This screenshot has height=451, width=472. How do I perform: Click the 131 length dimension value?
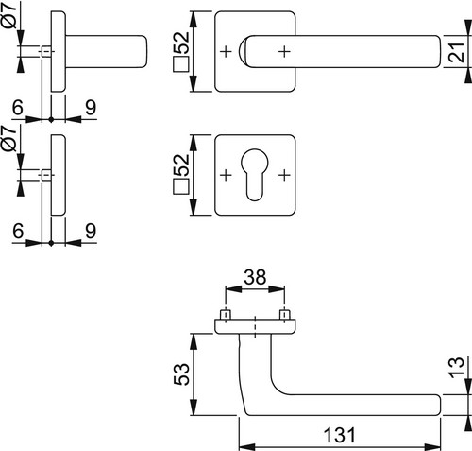tap(340, 435)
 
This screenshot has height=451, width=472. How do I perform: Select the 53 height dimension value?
tap(182, 374)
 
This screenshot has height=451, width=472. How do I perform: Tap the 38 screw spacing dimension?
tap(255, 277)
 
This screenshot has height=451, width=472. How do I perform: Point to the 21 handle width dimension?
tap(457, 51)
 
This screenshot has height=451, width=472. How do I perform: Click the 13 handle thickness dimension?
tap(457, 368)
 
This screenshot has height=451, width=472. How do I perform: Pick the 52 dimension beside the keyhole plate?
tap(182, 165)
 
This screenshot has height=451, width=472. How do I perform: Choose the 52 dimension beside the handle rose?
tap(182, 43)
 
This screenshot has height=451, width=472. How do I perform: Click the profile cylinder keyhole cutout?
tap(255, 175)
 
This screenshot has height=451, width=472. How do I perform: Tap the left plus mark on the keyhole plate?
tap(226, 175)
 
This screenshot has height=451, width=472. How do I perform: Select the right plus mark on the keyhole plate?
tap(284, 175)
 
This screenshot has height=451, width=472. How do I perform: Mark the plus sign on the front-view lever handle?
tap(284, 51)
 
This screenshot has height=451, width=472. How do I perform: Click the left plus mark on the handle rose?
tap(226, 51)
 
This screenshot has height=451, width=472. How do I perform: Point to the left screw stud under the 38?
tap(226, 315)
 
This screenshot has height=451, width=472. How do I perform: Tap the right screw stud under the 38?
tap(284, 315)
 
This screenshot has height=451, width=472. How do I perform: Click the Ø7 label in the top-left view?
tap(10, 15)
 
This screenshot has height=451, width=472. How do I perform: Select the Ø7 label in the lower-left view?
tap(10, 138)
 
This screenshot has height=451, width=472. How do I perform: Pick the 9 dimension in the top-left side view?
tap(91, 108)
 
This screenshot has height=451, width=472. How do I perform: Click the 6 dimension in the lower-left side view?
tap(18, 231)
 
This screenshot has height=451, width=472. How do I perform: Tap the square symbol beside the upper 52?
tap(181, 64)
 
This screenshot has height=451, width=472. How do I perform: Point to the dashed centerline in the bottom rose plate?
tap(255, 327)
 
